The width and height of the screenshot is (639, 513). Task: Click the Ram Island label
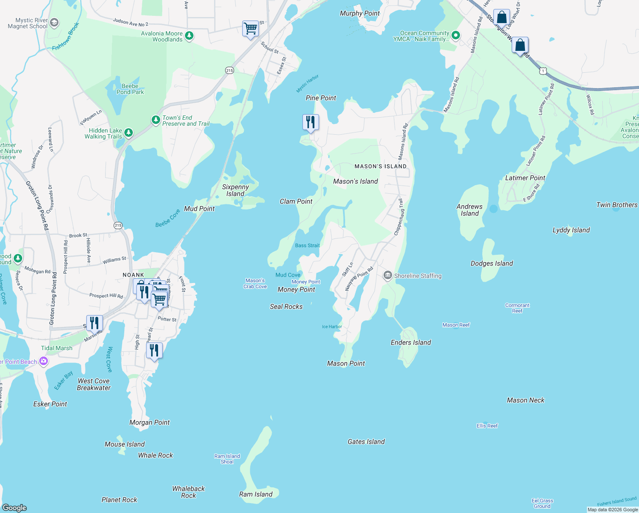coord(255,494)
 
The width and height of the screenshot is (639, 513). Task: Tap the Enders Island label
coord(410,342)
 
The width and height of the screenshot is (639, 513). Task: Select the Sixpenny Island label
coord(235,190)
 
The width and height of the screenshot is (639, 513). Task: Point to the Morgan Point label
coord(149,422)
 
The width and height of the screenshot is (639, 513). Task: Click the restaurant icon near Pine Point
coord(311,122)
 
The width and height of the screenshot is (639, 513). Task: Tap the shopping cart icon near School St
coord(250,29)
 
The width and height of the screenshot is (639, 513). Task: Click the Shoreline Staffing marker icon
coord(387,276)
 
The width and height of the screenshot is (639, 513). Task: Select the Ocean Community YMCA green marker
coord(456,35)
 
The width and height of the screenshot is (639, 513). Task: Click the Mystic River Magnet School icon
coord(54,23)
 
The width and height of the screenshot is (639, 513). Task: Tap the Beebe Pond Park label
coord(130,89)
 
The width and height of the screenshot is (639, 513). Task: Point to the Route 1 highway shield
coord(542,71)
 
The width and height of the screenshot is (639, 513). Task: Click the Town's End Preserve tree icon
coord(156,120)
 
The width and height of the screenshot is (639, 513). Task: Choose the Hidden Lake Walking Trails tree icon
coord(129,133)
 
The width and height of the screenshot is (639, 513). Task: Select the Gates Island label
coord(366,442)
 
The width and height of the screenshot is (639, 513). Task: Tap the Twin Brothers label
coord(616,205)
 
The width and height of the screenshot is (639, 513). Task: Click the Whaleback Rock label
coord(188,492)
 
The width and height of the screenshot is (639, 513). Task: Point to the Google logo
coord(15,507)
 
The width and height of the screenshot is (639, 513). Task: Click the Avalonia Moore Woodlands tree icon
coord(189,36)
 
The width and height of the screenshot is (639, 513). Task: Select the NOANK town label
coord(133,275)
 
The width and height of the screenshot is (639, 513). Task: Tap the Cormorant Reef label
coord(517,308)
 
